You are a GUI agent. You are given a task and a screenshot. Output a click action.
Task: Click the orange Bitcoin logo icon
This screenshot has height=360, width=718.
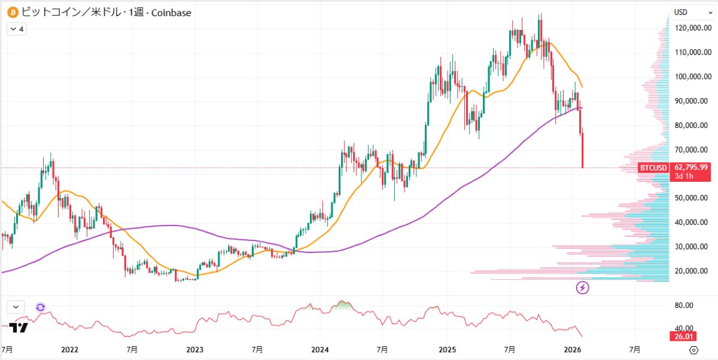[x=11, y=12]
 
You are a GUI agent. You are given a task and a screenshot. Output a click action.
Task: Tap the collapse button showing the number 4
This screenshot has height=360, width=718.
[x=16, y=29]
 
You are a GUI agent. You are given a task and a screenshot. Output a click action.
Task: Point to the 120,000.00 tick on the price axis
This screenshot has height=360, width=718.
[x=693, y=28]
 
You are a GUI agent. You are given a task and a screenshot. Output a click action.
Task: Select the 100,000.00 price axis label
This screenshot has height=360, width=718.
[x=693, y=77]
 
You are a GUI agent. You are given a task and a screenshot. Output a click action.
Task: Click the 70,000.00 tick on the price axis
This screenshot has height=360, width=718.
[x=693, y=150]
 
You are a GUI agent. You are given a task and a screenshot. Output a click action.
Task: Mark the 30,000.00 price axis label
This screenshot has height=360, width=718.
[x=693, y=246]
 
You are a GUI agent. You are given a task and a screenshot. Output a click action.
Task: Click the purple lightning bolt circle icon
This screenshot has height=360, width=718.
[x=582, y=288]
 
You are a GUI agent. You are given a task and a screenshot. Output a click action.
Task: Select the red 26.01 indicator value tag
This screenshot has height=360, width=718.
[x=683, y=337]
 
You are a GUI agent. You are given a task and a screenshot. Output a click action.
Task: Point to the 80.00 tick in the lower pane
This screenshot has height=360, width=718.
[x=683, y=305]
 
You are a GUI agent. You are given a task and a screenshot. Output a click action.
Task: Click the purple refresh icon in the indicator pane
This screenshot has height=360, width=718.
[x=40, y=307]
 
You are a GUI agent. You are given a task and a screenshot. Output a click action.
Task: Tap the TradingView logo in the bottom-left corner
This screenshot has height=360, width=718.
[x=19, y=328]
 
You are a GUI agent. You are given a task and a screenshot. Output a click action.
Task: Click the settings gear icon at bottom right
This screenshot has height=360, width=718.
[x=693, y=350]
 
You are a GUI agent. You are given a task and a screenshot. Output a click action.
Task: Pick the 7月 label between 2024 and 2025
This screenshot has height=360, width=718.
[x=383, y=349]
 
